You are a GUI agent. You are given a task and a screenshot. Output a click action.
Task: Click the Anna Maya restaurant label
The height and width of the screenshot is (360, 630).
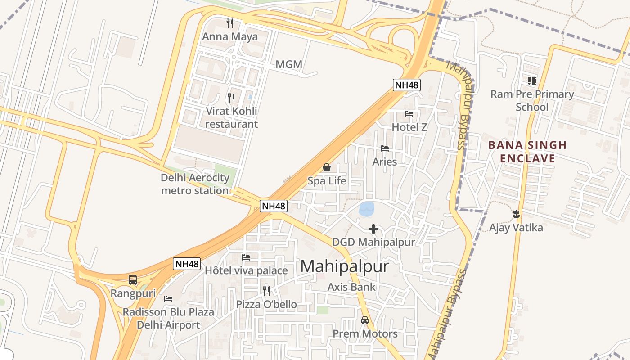click(x=230, y=37)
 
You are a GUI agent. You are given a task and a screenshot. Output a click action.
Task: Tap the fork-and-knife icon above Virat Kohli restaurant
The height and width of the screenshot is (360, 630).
click(x=231, y=97)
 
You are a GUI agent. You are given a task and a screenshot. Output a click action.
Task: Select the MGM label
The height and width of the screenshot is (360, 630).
click(x=289, y=64)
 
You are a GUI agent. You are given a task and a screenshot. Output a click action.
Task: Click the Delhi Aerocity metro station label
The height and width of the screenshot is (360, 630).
click(x=195, y=184)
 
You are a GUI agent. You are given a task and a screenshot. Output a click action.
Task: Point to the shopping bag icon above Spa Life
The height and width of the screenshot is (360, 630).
click(x=327, y=167)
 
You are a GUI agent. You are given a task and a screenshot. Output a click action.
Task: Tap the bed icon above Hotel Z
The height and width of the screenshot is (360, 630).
click(x=409, y=114)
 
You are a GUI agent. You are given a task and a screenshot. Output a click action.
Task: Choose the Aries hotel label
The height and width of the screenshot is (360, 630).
click(x=385, y=162)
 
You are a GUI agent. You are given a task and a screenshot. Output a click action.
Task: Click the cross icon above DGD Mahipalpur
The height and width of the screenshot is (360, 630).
click(x=373, y=229)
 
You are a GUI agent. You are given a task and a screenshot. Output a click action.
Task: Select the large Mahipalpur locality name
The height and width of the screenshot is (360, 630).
click(x=344, y=266)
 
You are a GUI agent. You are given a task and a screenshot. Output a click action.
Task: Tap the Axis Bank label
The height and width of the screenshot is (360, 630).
click(x=351, y=287)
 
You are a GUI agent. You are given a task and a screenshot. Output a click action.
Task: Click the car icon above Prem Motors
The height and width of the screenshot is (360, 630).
click(x=365, y=320)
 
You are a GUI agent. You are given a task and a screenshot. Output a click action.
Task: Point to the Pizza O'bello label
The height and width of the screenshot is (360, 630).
click(x=266, y=305)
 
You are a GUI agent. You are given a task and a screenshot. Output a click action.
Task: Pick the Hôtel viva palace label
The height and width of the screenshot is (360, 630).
click(x=246, y=270)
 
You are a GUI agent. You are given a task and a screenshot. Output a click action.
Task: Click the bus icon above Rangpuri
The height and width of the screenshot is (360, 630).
click(x=133, y=280)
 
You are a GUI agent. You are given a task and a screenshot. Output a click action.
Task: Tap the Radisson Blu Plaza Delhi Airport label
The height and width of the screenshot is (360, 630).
click(x=168, y=318)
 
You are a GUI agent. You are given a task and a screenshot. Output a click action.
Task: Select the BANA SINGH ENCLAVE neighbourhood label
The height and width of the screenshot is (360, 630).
click(x=527, y=152)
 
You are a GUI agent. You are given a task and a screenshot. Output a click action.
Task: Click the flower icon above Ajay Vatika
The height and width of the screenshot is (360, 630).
click(x=516, y=214)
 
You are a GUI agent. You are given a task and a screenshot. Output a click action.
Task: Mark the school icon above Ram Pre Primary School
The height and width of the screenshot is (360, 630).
click(x=532, y=81)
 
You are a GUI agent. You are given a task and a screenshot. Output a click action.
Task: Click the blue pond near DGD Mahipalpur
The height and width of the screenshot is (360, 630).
click(x=367, y=209)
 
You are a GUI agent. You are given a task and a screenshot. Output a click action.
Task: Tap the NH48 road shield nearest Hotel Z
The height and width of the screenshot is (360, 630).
click(x=407, y=85)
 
